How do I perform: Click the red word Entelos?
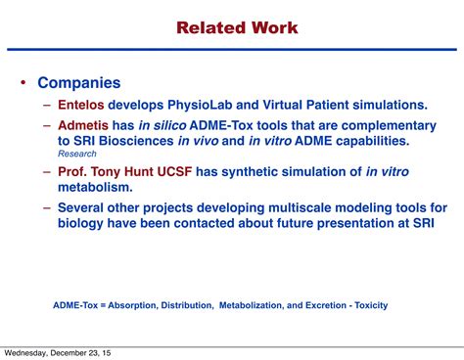82,106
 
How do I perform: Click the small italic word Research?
77,154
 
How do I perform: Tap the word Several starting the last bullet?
84,207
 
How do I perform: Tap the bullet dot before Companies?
23,85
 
